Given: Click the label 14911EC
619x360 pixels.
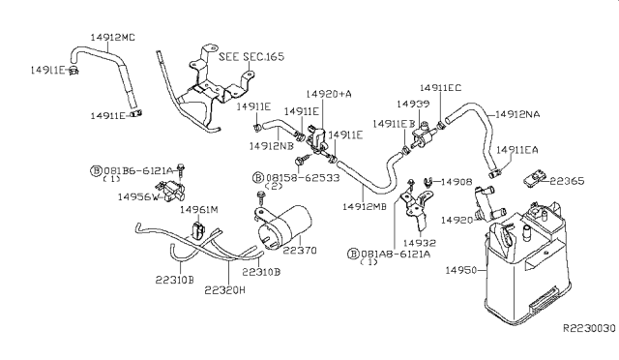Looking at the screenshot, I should click(441, 87).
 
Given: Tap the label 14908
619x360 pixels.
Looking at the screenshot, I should click(457, 181).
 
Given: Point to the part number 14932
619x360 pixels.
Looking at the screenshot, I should click(422, 242).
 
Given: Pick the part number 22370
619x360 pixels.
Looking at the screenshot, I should click(301, 250).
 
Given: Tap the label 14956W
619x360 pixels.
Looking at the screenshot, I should click(139, 196).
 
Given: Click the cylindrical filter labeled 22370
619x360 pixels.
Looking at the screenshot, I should click(286, 225).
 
